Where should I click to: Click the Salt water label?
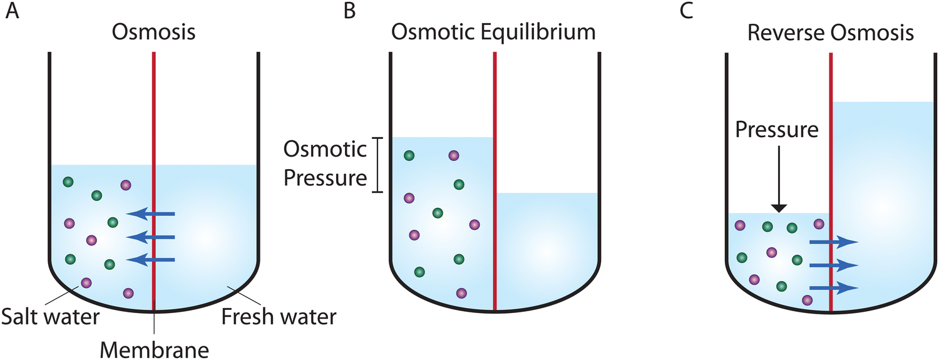[x=50, y=317]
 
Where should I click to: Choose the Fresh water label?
[x=279, y=317]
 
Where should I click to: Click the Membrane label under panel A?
[x=153, y=346]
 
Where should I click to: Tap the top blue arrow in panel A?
[x=151, y=214]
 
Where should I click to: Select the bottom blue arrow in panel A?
[x=151, y=260]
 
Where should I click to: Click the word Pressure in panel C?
[x=777, y=130]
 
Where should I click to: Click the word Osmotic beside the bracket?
[x=325, y=150]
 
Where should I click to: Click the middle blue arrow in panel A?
[x=151, y=237]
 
